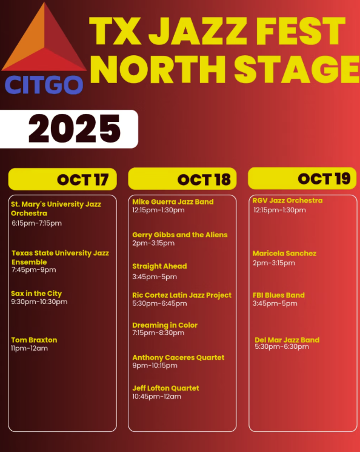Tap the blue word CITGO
click(x=44, y=84)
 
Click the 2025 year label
click(x=75, y=129)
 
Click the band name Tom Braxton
click(x=34, y=340)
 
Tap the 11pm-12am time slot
click(x=29, y=348)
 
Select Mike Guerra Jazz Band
click(x=173, y=201)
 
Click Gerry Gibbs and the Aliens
click(x=179, y=235)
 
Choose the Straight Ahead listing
click(x=159, y=266)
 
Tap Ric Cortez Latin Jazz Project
click(x=182, y=295)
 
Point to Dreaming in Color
click(x=165, y=325)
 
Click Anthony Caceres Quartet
click(x=178, y=357)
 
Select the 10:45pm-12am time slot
click(x=156, y=396)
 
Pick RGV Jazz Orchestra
click(x=287, y=200)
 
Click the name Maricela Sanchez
click(x=284, y=254)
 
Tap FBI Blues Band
click(x=278, y=295)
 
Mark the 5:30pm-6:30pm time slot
click(x=281, y=347)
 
